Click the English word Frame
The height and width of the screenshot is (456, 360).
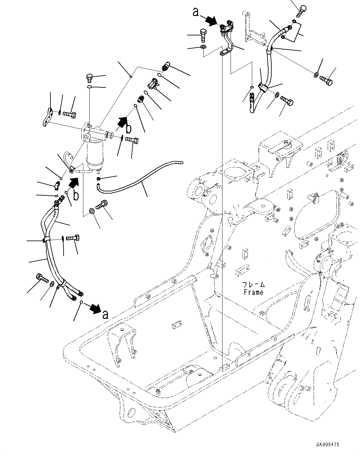253,292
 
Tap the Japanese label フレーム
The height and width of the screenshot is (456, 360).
253,285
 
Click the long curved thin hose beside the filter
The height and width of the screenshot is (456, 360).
141,179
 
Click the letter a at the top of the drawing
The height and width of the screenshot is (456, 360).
196,12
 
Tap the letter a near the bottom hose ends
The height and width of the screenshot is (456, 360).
105,314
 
